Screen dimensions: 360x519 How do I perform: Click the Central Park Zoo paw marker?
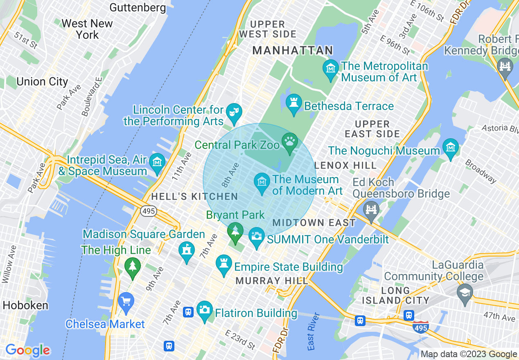(x=290, y=142)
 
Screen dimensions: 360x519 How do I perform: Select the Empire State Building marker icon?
(x=223, y=264)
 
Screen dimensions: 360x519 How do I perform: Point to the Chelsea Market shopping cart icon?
(x=126, y=302)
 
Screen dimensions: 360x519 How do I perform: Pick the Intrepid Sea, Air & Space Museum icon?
(x=157, y=162)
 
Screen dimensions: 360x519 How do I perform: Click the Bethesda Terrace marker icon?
(x=293, y=103)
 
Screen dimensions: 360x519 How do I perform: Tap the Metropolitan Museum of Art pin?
(x=330, y=68)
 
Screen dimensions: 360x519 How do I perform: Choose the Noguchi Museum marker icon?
(x=450, y=147)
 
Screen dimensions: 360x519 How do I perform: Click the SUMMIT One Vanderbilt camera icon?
(x=257, y=237)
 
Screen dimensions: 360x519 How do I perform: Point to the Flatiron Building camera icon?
(x=204, y=310)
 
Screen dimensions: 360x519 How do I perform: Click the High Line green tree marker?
(x=132, y=267)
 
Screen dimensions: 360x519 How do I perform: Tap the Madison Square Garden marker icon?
(x=187, y=250)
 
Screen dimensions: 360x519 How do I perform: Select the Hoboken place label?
(x=25, y=305)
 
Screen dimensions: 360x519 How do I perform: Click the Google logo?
(x=27, y=351)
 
